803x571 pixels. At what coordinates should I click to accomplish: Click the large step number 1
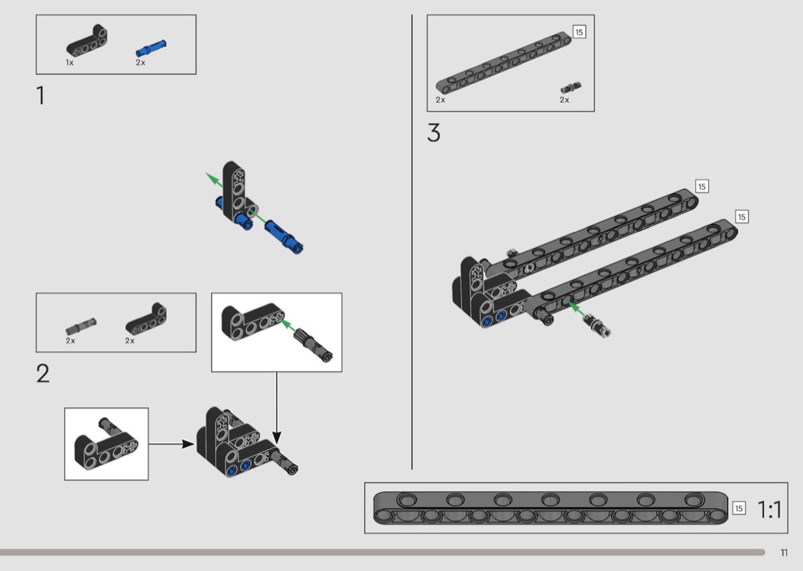41,96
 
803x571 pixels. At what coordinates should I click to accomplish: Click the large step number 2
43,374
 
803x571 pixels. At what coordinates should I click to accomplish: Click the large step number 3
434,132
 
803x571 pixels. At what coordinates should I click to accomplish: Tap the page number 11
784,553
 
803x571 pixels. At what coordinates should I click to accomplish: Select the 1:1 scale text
769,510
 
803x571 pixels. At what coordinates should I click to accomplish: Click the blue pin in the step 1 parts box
151,47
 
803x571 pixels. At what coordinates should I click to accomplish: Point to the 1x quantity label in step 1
70,63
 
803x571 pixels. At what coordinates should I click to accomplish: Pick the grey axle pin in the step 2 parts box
81,325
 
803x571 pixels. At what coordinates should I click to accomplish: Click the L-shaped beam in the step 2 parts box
146,319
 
